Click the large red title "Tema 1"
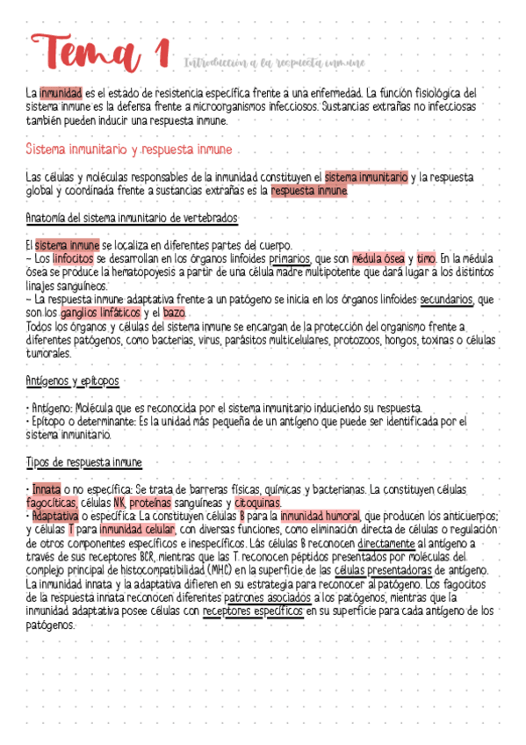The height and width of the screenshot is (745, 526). pos(98,52)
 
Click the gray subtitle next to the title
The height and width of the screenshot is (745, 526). pos(274,62)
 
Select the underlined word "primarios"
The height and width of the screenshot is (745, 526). pos(289,259)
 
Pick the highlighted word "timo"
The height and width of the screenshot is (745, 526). pos(426,259)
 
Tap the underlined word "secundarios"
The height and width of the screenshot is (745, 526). pos(446,300)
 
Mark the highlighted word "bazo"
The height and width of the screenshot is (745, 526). pos(174,313)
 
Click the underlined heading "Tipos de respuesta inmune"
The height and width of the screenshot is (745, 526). pos(84,462)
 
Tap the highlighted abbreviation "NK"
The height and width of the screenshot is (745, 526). pos(119,503)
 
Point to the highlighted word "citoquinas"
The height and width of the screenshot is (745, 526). pos(257,503)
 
